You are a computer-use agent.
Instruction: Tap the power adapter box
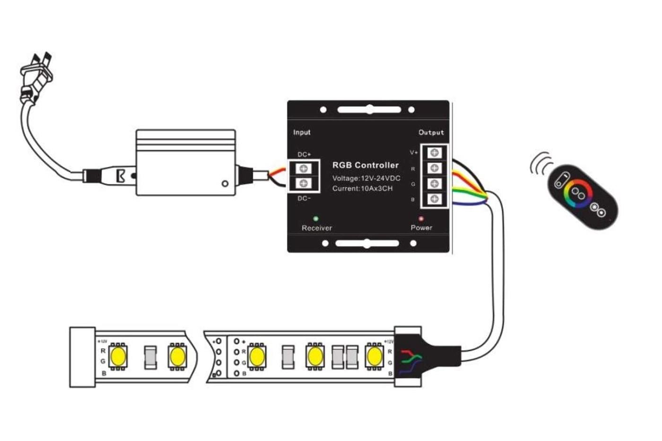(x=185, y=163)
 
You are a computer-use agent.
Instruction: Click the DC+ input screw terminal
(x=304, y=168)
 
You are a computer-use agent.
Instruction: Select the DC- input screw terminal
(x=304, y=183)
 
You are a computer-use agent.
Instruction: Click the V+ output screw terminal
(x=434, y=152)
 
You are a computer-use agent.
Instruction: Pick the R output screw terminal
(x=434, y=168)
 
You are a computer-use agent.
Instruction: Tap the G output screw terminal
(x=434, y=184)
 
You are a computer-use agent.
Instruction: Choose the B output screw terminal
(x=434, y=199)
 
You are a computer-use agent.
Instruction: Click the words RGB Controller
(x=365, y=165)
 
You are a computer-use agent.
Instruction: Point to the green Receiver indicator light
(x=316, y=219)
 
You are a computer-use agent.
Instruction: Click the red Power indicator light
(x=421, y=219)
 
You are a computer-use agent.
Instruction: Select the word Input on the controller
(x=302, y=132)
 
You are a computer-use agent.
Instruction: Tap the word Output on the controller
(x=431, y=132)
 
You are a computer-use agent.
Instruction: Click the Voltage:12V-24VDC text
(x=366, y=178)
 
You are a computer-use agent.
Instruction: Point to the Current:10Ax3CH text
(x=362, y=188)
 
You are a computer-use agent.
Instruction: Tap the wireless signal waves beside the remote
(x=540, y=164)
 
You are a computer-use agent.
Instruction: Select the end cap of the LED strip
(x=82, y=357)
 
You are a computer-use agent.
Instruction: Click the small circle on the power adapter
(x=225, y=184)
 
